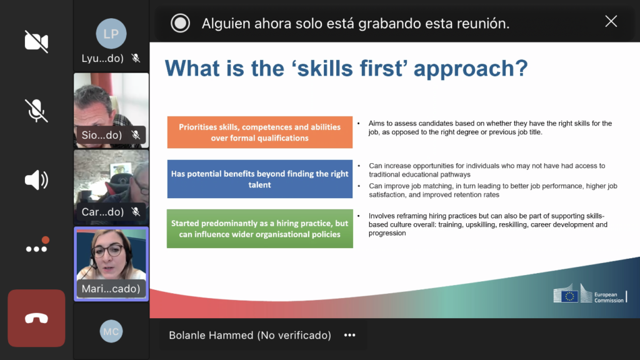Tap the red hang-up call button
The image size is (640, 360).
click(x=36, y=318)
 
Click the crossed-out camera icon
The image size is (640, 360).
click(x=36, y=41)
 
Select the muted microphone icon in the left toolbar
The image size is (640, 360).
click(x=36, y=111)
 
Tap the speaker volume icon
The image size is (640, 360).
click(x=36, y=179)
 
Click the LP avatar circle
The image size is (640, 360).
click(x=111, y=34)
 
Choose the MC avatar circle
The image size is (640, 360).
click(x=111, y=331)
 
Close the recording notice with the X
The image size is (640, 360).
click(x=611, y=21)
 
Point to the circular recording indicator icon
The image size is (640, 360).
click(x=180, y=23)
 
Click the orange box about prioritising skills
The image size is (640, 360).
click(x=259, y=132)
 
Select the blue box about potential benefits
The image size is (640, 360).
click(x=259, y=179)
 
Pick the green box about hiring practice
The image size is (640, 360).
click(x=259, y=229)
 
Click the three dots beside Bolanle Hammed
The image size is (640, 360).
click(x=350, y=335)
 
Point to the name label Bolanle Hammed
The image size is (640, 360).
click(x=211, y=335)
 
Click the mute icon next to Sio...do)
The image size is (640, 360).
click(x=136, y=135)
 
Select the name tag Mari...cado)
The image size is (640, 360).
click(x=111, y=289)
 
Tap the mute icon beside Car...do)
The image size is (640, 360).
click(x=136, y=212)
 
